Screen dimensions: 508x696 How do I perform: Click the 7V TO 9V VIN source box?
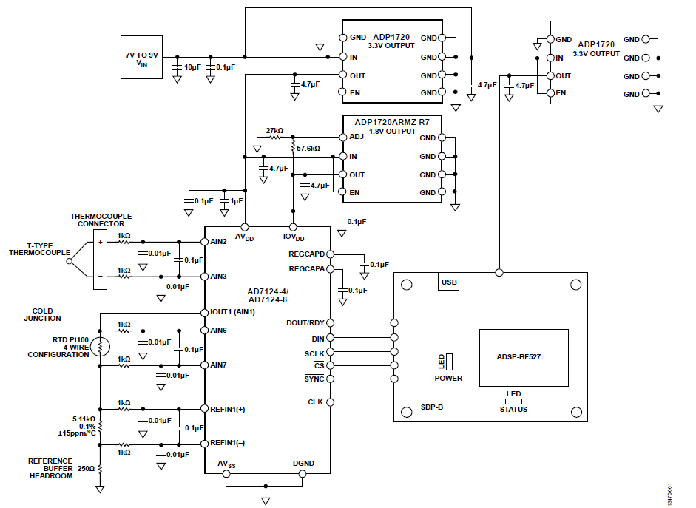[x=143, y=57]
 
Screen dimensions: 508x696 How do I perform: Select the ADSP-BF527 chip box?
[x=524, y=357]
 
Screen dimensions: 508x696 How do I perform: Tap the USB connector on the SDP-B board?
[x=449, y=282]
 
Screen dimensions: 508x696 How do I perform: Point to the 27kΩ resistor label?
[x=274, y=130]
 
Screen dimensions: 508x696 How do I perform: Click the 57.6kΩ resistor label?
[x=308, y=149]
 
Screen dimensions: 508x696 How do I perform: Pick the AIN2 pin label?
[x=219, y=242]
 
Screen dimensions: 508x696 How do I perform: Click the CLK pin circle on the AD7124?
[x=330, y=402]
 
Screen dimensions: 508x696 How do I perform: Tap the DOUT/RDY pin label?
[x=305, y=323]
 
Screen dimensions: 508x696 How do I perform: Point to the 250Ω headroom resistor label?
[x=86, y=468]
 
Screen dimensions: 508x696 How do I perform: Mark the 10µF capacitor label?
[x=192, y=67]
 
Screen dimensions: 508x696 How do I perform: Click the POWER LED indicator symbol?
[x=449, y=361]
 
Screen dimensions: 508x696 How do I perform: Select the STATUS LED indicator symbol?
[x=513, y=402]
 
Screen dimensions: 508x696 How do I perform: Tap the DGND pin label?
[x=304, y=464]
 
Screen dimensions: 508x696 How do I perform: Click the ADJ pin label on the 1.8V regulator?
[x=357, y=138]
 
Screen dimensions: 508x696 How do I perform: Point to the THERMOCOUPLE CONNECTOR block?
[x=99, y=258]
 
